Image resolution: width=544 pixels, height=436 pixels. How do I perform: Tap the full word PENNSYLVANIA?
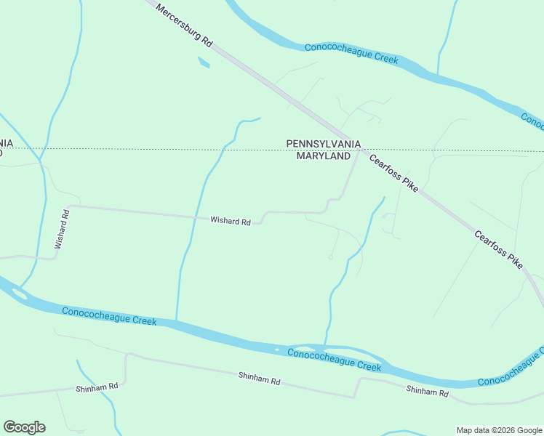pyautogui.click(x=324, y=144)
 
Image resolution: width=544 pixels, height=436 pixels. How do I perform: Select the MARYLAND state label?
pyautogui.click(x=324, y=156)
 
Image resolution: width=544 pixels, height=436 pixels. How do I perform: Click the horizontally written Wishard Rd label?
pyautogui.click(x=230, y=221)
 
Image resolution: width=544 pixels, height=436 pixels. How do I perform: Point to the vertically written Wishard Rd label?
pyautogui.click(x=61, y=230)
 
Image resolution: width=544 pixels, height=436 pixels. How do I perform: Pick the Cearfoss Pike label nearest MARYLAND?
pyautogui.click(x=393, y=173)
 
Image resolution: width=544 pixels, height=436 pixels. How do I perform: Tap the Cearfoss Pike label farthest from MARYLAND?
pyautogui.click(x=498, y=249)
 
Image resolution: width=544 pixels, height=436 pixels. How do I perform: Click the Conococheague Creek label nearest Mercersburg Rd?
pyautogui.click(x=351, y=53)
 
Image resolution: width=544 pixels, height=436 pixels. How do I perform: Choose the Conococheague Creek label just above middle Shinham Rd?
pyautogui.click(x=334, y=360)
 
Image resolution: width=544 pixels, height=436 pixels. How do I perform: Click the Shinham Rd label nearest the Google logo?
pyautogui.click(x=97, y=388)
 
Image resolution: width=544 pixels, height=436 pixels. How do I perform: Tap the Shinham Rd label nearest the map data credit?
pyautogui.click(x=427, y=392)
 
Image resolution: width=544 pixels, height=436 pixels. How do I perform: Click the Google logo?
pyautogui.click(x=24, y=427)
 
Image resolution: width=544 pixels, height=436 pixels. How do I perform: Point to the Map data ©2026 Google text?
pyautogui.click(x=499, y=430)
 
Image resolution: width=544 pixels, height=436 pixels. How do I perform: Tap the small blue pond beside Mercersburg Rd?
pyautogui.click(x=204, y=62)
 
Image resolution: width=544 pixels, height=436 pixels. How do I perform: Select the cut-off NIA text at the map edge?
pyautogui.click(x=6, y=142)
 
